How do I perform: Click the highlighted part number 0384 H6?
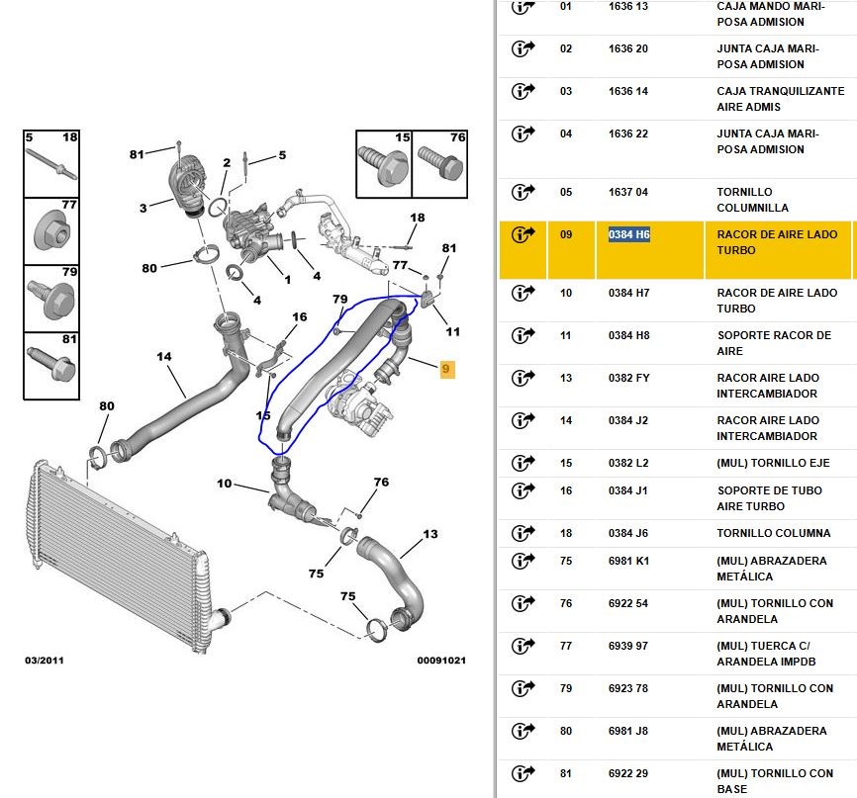click(x=629, y=235)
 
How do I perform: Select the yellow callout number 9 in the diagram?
click(x=447, y=369)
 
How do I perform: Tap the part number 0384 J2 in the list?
click(x=628, y=420)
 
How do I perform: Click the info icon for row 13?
click(x=524, y=378)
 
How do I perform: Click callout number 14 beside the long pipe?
click(x=164, y=357)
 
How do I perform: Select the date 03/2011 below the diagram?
click(x=45, y=661)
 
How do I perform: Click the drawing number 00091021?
click(x=441, y=661)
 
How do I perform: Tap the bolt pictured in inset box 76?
click(x=441, y=162)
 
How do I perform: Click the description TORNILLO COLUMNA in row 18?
click(x=773, y=533)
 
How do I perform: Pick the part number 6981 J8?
click(x=628, y=731)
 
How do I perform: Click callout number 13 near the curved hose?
click(x=430, y=534)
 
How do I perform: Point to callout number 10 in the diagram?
click(x=224, y=484)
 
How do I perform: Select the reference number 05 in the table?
click(x=566, y=192)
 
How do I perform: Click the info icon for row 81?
click(x=524, y=773)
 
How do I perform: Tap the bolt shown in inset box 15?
click(x=384, y=164)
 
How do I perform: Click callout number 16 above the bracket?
click(x=300, y=316)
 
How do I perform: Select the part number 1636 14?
click(x=628, y=91)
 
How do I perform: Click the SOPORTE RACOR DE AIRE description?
click(x=774, y=343)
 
